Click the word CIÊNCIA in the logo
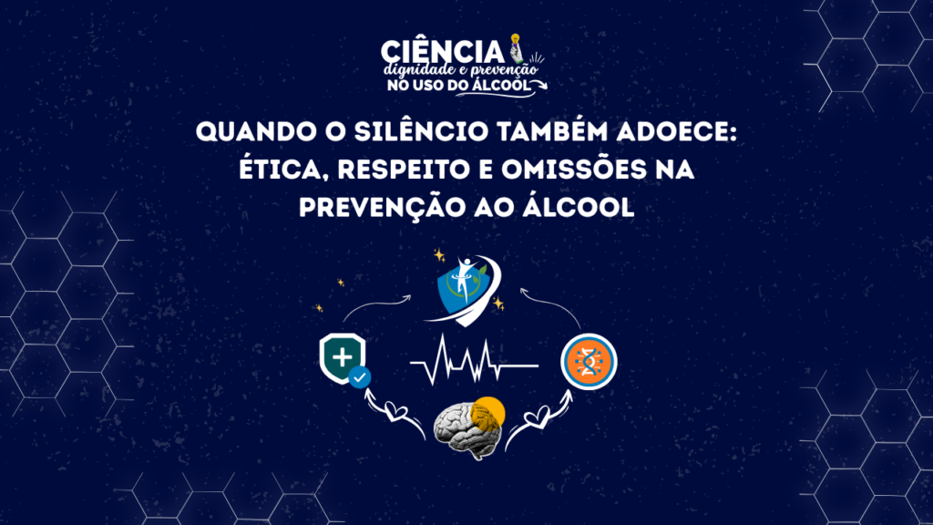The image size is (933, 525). (442, 52)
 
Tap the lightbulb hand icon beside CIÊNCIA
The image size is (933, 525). (517, 48)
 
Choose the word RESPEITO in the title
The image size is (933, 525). (410, 170)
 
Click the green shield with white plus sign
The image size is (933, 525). (343, 357)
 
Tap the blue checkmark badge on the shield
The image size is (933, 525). (359, 377)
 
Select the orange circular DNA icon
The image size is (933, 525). (590, 361)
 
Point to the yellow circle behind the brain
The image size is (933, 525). (489, 412)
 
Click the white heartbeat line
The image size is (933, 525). (474, 359)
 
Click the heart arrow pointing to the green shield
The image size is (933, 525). (394, 412)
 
